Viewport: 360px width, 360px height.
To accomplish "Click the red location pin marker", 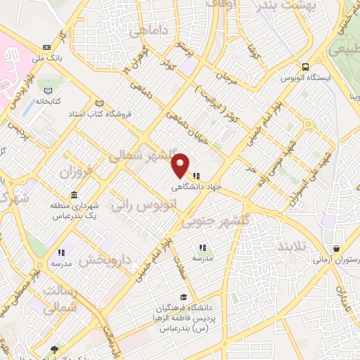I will (x=181, y=165).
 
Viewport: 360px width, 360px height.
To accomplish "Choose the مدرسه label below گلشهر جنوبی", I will (x=202, y=258).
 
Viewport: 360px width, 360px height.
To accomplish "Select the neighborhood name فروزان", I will (x=76, y=172).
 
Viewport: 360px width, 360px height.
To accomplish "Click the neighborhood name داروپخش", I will (x=104, y=259).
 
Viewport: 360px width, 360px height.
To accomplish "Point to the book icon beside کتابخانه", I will (x=47, y=91).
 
